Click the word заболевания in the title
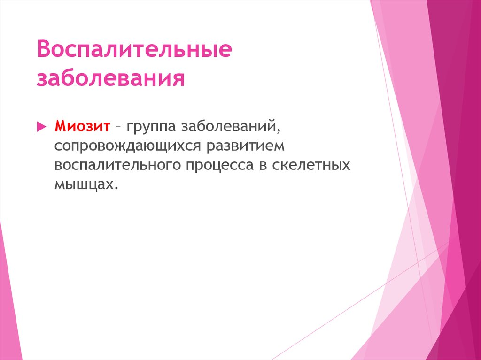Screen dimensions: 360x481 [110, 78]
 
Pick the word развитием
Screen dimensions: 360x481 [245, 146]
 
